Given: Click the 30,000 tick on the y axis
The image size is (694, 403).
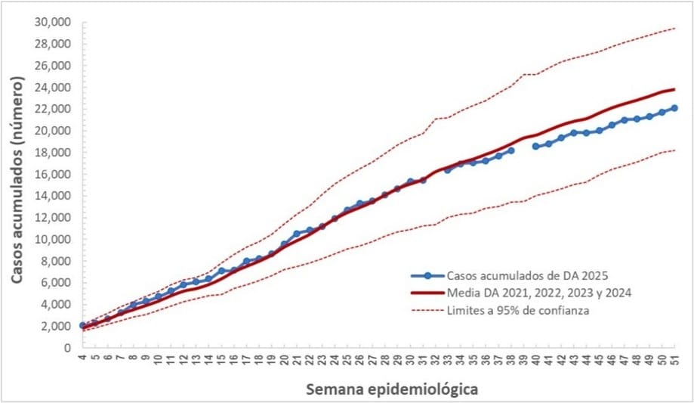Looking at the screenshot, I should coord(52,22).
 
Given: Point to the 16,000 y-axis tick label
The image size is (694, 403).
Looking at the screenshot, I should coord(52,174).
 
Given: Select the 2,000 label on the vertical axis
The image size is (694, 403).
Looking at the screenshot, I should coord(55,326).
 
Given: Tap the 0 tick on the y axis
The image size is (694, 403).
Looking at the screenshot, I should coord(66,348).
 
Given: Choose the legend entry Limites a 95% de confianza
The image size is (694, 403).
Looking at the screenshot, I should coord(517,310).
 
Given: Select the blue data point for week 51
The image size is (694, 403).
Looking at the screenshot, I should coord(674,108).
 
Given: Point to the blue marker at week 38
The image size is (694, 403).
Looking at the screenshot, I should coord(511,150).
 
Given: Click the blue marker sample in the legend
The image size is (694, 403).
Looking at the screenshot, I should coord(427,276).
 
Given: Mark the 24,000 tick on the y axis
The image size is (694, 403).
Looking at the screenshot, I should coord(52,87).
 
